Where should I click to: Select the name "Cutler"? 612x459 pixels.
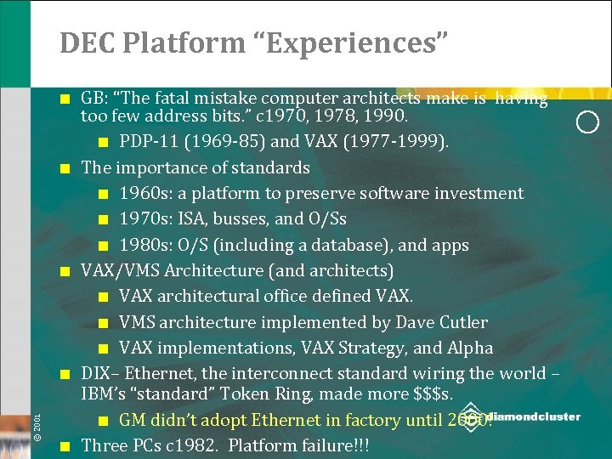(462, 322)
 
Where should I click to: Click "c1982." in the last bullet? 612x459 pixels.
(195, 445)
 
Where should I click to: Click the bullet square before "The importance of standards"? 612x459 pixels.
(65, 168)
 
